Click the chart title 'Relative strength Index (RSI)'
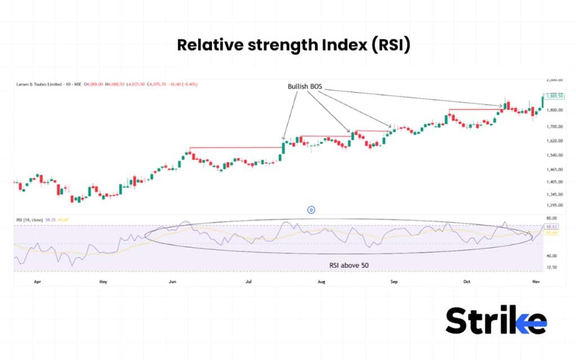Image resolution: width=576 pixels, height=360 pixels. (294, 45)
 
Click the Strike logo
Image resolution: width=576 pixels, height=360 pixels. (496, 321)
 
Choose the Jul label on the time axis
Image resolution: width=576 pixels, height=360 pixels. (249, 279)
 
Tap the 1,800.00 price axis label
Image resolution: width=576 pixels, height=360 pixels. (555, 110)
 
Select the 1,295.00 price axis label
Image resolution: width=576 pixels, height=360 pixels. (555, 205)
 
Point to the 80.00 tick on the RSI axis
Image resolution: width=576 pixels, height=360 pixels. (552, 218)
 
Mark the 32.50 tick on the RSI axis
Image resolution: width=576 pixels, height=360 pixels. (552, 268)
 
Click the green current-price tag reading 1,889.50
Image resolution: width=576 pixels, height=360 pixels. (555, 96)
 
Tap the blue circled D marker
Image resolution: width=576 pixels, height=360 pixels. (310, 210)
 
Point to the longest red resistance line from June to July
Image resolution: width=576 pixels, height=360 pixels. (235, 147)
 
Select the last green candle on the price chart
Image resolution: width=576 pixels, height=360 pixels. (542, 101)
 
